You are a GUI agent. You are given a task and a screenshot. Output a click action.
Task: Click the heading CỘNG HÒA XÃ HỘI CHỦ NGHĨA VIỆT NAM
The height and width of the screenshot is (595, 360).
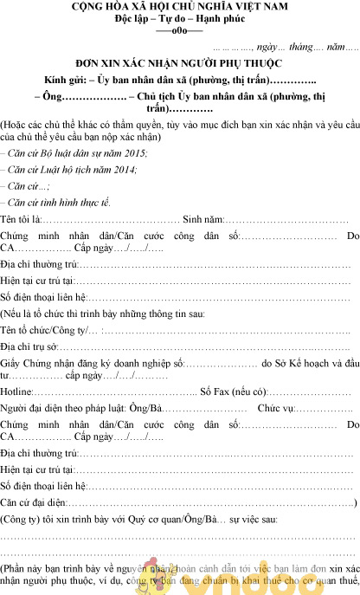click(179, 7)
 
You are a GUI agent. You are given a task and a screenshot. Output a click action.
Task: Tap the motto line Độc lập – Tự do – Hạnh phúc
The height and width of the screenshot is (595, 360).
click(179, 18)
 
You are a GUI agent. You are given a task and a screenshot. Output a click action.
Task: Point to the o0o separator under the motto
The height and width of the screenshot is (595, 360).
click(179, 29)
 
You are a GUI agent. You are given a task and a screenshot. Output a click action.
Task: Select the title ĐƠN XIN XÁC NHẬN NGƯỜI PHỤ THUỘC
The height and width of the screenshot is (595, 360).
click(179, 63)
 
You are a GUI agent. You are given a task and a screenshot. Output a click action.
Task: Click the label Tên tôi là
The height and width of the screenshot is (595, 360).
click(21, 219)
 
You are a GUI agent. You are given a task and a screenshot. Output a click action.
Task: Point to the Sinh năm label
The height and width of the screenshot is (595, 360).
click(202, 219)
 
